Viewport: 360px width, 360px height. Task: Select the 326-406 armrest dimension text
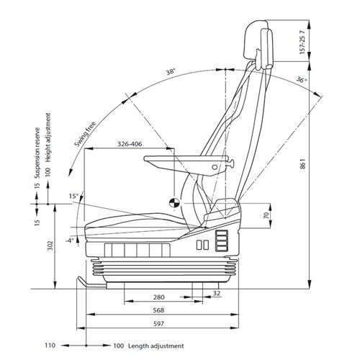(130, 145)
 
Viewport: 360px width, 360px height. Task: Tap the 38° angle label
(170, 73)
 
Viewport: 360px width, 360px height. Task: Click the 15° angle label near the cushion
(72, 196)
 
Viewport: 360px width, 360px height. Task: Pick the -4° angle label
(69, 240)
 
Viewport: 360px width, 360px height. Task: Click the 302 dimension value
(48, 244)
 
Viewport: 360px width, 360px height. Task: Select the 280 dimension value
(158, 297)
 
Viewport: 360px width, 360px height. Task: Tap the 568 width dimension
(158, 311)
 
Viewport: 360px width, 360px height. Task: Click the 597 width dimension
(158, 325)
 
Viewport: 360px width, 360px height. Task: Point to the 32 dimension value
(217, 293)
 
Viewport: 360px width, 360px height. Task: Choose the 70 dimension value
(266, 215)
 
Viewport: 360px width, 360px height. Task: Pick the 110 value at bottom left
(50, 346)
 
